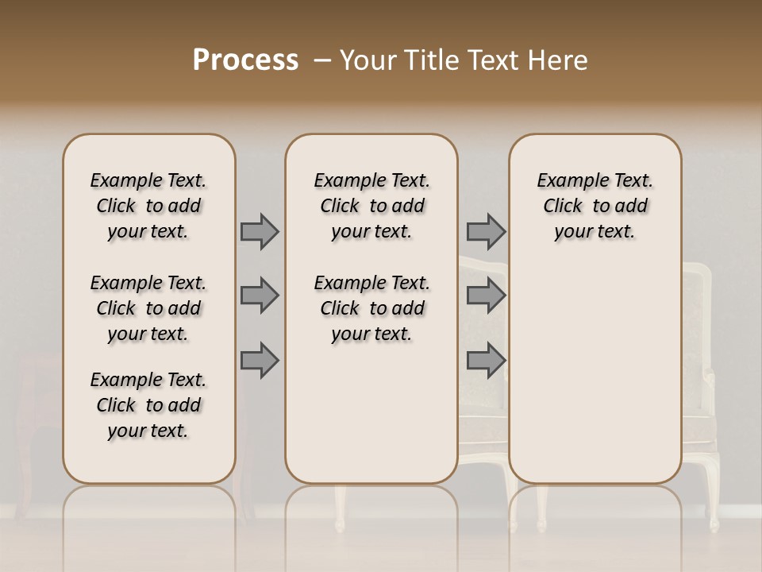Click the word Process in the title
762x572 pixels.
coord(245,60)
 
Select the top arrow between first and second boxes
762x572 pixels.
coord(260,231)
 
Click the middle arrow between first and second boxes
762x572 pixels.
coord(260,296)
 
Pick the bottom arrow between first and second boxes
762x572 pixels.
coord(260,361)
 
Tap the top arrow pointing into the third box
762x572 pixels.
coord(486,231)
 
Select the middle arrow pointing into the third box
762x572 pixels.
coord(486,296)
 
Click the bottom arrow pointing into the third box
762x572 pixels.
coord(486,361)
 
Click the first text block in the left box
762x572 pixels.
coord(148,206)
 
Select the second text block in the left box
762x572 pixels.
coord(148,308)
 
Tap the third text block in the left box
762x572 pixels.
coord(148,405)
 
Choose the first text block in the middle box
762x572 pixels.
coord(371,206)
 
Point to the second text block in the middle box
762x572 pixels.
coord(371,308)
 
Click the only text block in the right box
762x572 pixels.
coord(595,206)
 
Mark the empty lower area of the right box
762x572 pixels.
coord(595,381)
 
